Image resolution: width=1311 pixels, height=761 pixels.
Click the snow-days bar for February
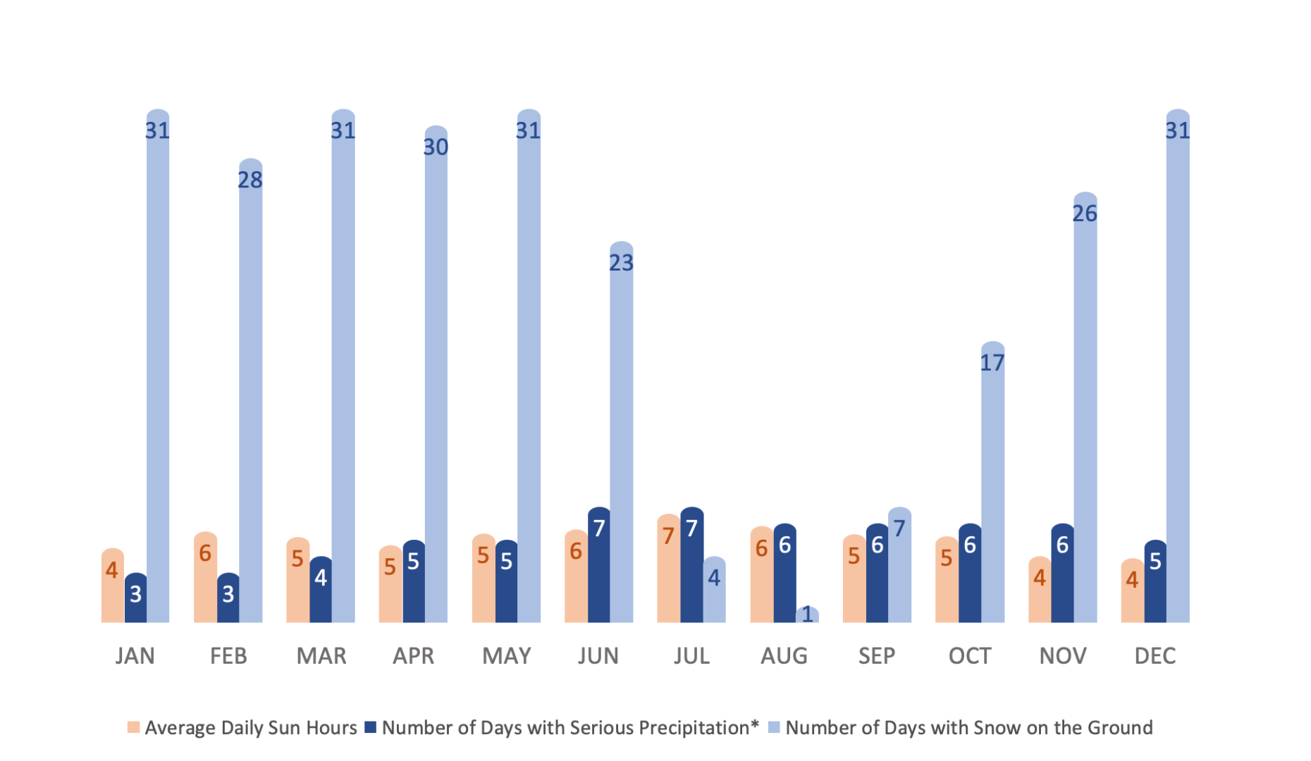pos(250,395)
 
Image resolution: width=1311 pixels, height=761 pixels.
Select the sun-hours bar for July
pos(668,571)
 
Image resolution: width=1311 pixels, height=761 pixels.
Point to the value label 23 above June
pos(621,263)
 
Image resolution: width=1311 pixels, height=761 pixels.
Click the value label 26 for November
pos(1085,214)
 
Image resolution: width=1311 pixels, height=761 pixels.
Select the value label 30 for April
pos(436,147)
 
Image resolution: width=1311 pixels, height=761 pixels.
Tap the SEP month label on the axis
pos(876,656)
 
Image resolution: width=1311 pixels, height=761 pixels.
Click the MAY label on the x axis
pos(506,656)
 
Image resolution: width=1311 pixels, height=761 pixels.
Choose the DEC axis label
pos(1155,656)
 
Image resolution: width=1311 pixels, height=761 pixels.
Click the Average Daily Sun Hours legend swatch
pos(133,727)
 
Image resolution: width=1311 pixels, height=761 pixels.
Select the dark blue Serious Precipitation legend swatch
pos(371,727)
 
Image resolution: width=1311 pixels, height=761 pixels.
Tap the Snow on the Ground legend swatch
pos(774,727)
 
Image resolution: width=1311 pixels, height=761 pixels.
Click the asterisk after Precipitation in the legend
pos(754,724)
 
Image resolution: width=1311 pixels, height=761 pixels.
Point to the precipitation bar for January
pos(135,599)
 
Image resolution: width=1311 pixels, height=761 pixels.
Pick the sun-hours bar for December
pos(1132,592)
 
